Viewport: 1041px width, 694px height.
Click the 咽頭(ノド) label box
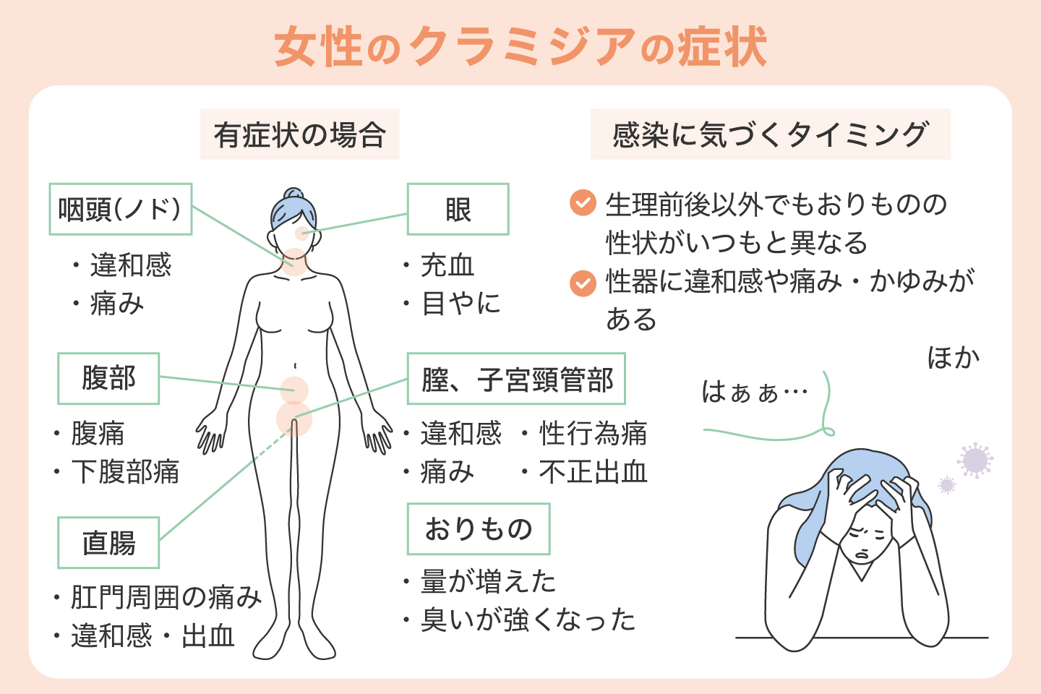(120, 209)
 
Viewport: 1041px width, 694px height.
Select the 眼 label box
(458, 209)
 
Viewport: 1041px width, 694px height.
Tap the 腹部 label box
(108, 378)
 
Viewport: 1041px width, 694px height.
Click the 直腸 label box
(108, 542)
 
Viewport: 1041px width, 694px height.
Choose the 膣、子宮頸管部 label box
(516, 379)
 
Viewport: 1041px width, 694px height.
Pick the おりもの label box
(478, 529)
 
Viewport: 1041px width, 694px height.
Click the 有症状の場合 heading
(299, 134)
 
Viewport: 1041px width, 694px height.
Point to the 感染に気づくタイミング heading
(770, 134)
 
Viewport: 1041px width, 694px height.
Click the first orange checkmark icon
(583, 203)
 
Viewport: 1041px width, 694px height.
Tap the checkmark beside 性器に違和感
(583, 283)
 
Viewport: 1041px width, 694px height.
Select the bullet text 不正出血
(593, 472)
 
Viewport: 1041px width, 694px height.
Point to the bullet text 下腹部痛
(125, 472)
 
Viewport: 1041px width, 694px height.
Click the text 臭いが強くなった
(528, 620)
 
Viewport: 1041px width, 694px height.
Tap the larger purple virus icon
(974, 460)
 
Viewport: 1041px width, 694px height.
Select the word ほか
(953, 358)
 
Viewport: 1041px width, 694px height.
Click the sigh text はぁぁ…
(754, 393)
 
